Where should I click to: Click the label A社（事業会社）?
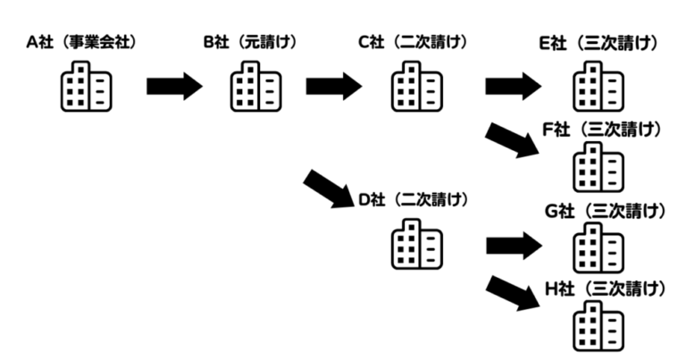pyautogui.click(x=85, y=42)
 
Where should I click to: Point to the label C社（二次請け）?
pyautogui.click(x=413, y=42)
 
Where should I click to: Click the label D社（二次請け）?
pyautogui.click(x=413, y=199)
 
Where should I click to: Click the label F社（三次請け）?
pyautogui.click(x=602, y=130)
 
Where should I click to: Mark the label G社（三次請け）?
pyautogui.click(x=604, y=211)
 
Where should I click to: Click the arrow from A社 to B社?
pyautogui.click(x=174, y=87)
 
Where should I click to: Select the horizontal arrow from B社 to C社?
pyautogui.click(x=334, y=87)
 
